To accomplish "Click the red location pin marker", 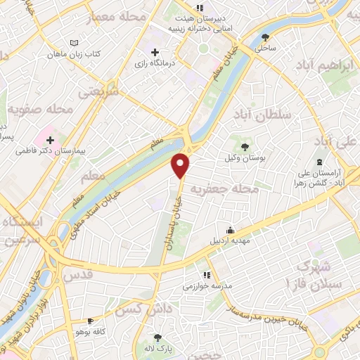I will click(x=181, y=165).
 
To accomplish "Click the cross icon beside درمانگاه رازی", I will click(x=155, y=52).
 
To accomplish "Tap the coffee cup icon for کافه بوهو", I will click(x=89, y=319).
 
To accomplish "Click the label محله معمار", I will click(x=119, y=15).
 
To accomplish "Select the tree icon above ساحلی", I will click(x=265, y=38).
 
